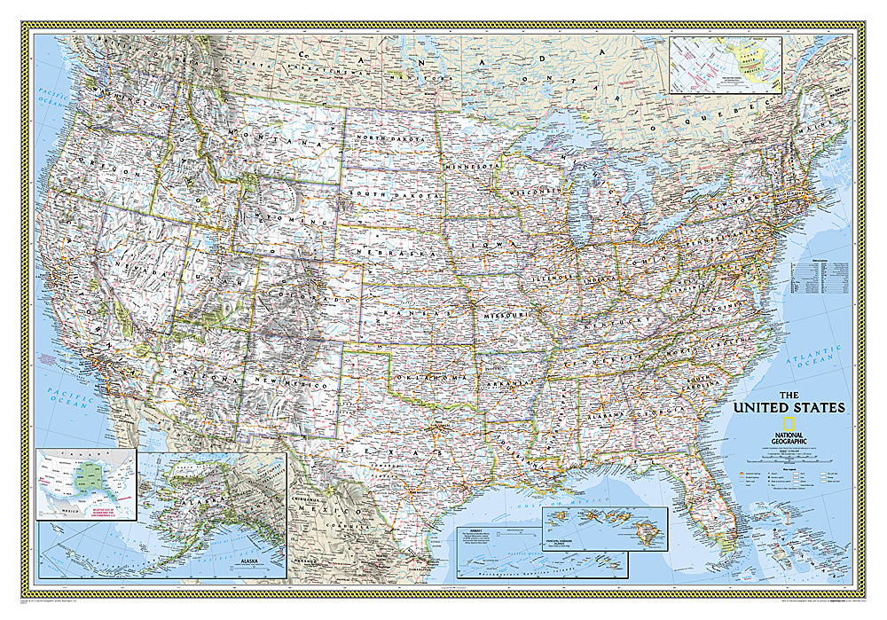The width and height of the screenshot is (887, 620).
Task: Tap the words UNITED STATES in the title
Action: [788, 408]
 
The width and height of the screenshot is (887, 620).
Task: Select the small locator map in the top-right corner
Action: [726, 64]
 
